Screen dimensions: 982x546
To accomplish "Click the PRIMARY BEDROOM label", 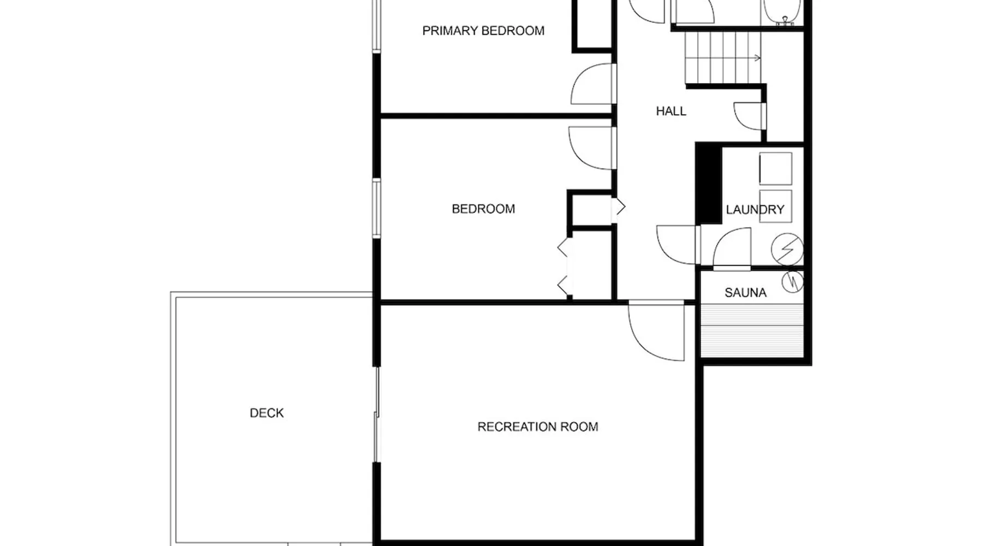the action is (483, 31).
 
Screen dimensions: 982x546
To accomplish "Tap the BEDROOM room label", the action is (483, 209).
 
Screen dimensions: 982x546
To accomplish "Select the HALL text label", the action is (671, 111).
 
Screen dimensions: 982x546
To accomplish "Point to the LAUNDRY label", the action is (755, 210).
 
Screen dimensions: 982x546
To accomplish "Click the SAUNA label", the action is (745, 293).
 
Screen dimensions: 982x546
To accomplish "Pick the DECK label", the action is (267, 413).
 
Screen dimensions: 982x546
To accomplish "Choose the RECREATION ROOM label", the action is (538, 427).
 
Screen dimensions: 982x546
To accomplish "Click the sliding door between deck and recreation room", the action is (376, 415).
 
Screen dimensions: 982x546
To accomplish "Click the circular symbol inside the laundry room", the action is (787, 249).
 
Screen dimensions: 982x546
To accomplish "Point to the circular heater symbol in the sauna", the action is (793, 282).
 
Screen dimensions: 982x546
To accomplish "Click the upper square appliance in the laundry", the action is (775, 169).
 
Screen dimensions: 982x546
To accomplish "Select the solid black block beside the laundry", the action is (709, 183).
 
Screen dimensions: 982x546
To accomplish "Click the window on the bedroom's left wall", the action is (376, 208).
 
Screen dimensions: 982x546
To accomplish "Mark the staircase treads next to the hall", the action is (723, 58).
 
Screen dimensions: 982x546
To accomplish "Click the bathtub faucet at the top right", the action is (785, 21).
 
